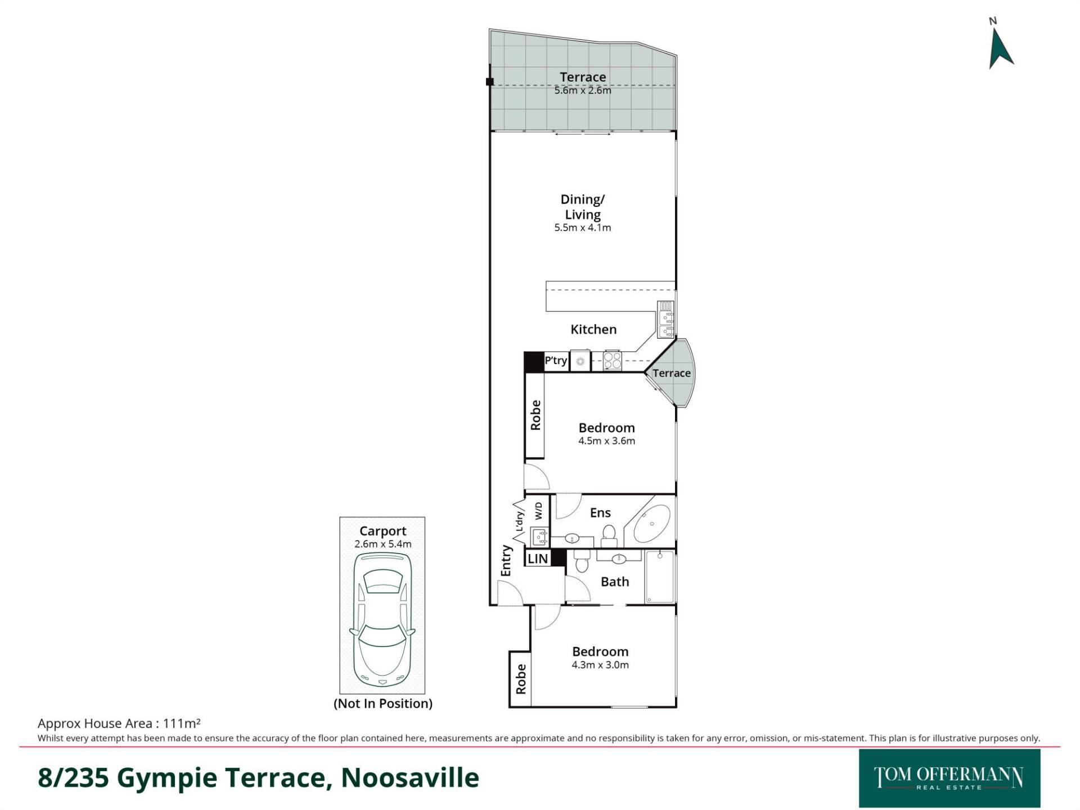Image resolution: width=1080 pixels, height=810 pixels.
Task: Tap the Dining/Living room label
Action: tap(583, 206)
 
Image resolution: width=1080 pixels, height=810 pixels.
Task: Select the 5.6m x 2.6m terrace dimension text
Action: tap(583, 90)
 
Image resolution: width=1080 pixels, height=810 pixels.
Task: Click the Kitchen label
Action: tap(593, 329)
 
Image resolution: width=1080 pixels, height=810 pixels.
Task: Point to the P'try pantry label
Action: tap(556, 360)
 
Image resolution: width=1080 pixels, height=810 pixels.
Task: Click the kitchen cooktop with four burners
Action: tap(613, 361)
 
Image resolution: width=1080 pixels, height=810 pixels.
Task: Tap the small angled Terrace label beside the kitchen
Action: tap(672, 373)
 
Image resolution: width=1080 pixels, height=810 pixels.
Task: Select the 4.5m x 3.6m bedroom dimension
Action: tap(606, 441)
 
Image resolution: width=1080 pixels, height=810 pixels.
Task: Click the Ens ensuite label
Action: tap(600, 512)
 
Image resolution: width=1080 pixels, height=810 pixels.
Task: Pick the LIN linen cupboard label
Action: tap(538, 559)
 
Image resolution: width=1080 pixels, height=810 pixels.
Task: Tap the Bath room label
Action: tap(615, 582)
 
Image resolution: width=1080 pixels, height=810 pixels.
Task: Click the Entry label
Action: tap(506, 560)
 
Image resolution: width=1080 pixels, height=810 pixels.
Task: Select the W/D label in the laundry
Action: tap(538, 511)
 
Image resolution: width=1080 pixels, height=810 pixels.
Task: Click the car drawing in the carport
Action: tap(382, 619)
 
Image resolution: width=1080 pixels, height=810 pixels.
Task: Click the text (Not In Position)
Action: tap(383, 703)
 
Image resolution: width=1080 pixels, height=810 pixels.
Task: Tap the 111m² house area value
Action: tap(182, 723)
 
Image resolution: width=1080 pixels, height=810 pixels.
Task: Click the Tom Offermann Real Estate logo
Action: tap(949, 778)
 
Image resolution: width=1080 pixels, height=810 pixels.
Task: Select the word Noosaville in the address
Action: tap(410, 777)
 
